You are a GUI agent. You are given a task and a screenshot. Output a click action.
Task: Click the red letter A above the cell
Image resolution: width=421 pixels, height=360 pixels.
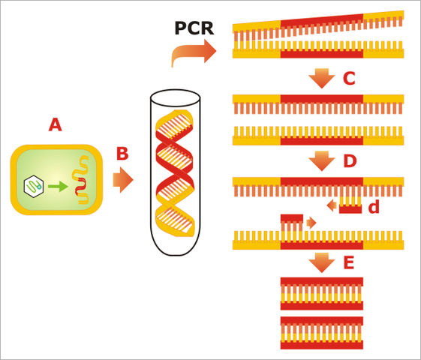pyautogui.click(x=55, y=124)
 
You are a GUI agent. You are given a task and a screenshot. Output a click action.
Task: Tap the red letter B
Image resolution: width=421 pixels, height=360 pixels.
pyautogui.click(x=122, y=154)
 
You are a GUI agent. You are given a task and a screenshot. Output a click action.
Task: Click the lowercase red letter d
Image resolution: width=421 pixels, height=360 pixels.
pyautogui.click(x=374, y=206)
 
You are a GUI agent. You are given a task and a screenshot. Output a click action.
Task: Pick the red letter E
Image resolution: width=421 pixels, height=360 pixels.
pyautogui.click(x=348, y=262)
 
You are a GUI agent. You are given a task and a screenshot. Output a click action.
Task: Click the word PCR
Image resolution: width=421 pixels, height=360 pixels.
pyautogui.click(x=194, y=28)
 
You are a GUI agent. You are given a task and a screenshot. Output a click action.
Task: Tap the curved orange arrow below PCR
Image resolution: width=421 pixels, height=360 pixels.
pyautogui.click(x=194, y=53)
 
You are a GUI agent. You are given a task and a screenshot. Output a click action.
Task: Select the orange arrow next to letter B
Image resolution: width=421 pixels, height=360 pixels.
pyautogui.click(x=122, y=180)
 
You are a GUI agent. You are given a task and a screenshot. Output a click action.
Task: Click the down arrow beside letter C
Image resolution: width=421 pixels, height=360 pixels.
pyautogui.click(x=322, y=78)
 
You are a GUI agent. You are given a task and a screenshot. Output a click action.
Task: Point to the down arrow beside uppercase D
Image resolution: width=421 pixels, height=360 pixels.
pyautogui.click(x=322, y=160)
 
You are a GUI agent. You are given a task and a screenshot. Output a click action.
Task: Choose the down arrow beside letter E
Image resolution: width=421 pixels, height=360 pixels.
pyautogui.click(x=322, y=262)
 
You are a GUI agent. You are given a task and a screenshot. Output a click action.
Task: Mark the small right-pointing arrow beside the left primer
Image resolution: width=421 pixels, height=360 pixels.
pyautogui.click(x=311, y=223)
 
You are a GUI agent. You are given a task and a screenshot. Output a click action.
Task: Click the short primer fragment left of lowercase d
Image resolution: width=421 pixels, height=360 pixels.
pyautogui.click(x=350, y=205)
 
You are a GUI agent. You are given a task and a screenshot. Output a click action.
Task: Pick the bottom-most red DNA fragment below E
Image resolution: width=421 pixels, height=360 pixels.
pyautogui.click(x=321, y=332)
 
